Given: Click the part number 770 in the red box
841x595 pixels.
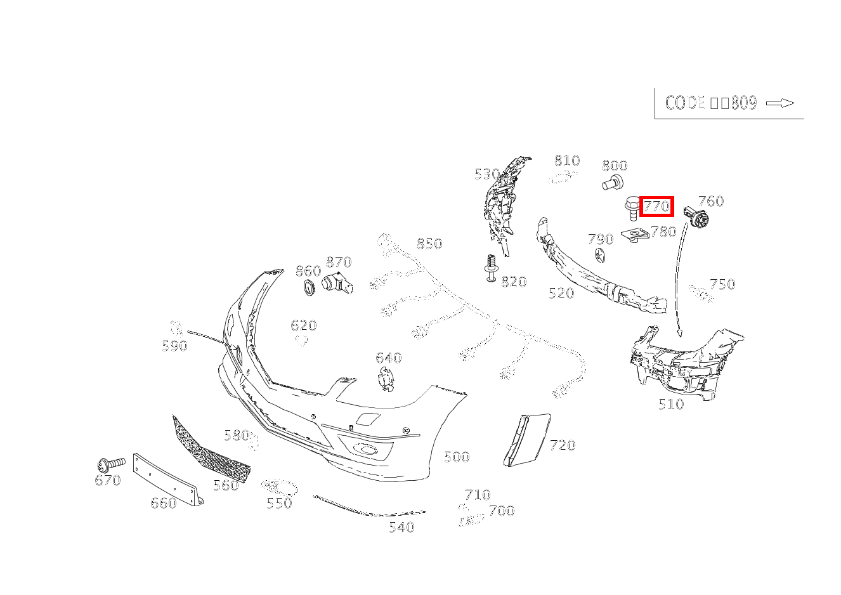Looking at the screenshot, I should point(656,206).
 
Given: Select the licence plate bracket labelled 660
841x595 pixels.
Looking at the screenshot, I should point(166,478).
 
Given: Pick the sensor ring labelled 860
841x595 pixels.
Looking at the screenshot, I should point(310,288).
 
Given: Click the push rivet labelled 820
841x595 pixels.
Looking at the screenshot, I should point(490,269).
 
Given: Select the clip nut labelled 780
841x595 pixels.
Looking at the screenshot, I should point(635,236).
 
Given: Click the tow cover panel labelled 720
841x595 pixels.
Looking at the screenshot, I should point(527,439).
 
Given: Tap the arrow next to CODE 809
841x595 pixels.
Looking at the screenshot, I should point(779,103).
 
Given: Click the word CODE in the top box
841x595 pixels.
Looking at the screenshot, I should point(685,103).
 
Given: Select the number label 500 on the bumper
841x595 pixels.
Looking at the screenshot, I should point(456,457).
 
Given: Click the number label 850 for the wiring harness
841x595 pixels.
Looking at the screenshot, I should point(429,244).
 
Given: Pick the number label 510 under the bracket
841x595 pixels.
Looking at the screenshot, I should point(671,404).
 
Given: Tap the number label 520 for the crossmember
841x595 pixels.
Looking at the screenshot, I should point(561,293).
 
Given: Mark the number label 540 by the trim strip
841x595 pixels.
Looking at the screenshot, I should point(401,527).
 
